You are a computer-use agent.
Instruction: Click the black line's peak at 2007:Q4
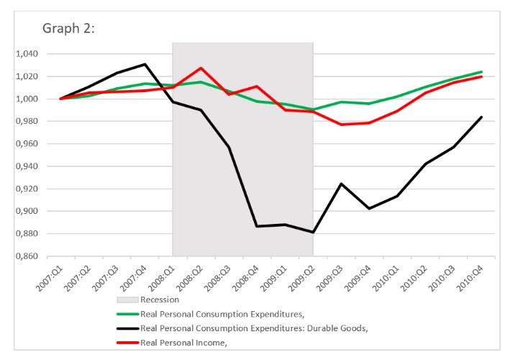click(x=145, y=64)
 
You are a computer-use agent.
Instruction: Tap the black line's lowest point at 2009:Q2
click(x=313, y=233)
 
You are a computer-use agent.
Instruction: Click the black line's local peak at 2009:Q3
click(x=341, y=184)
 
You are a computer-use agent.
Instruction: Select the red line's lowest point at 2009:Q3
click(x=341, y=125)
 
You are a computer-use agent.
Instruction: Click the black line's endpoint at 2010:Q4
click(x=482, y=117)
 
